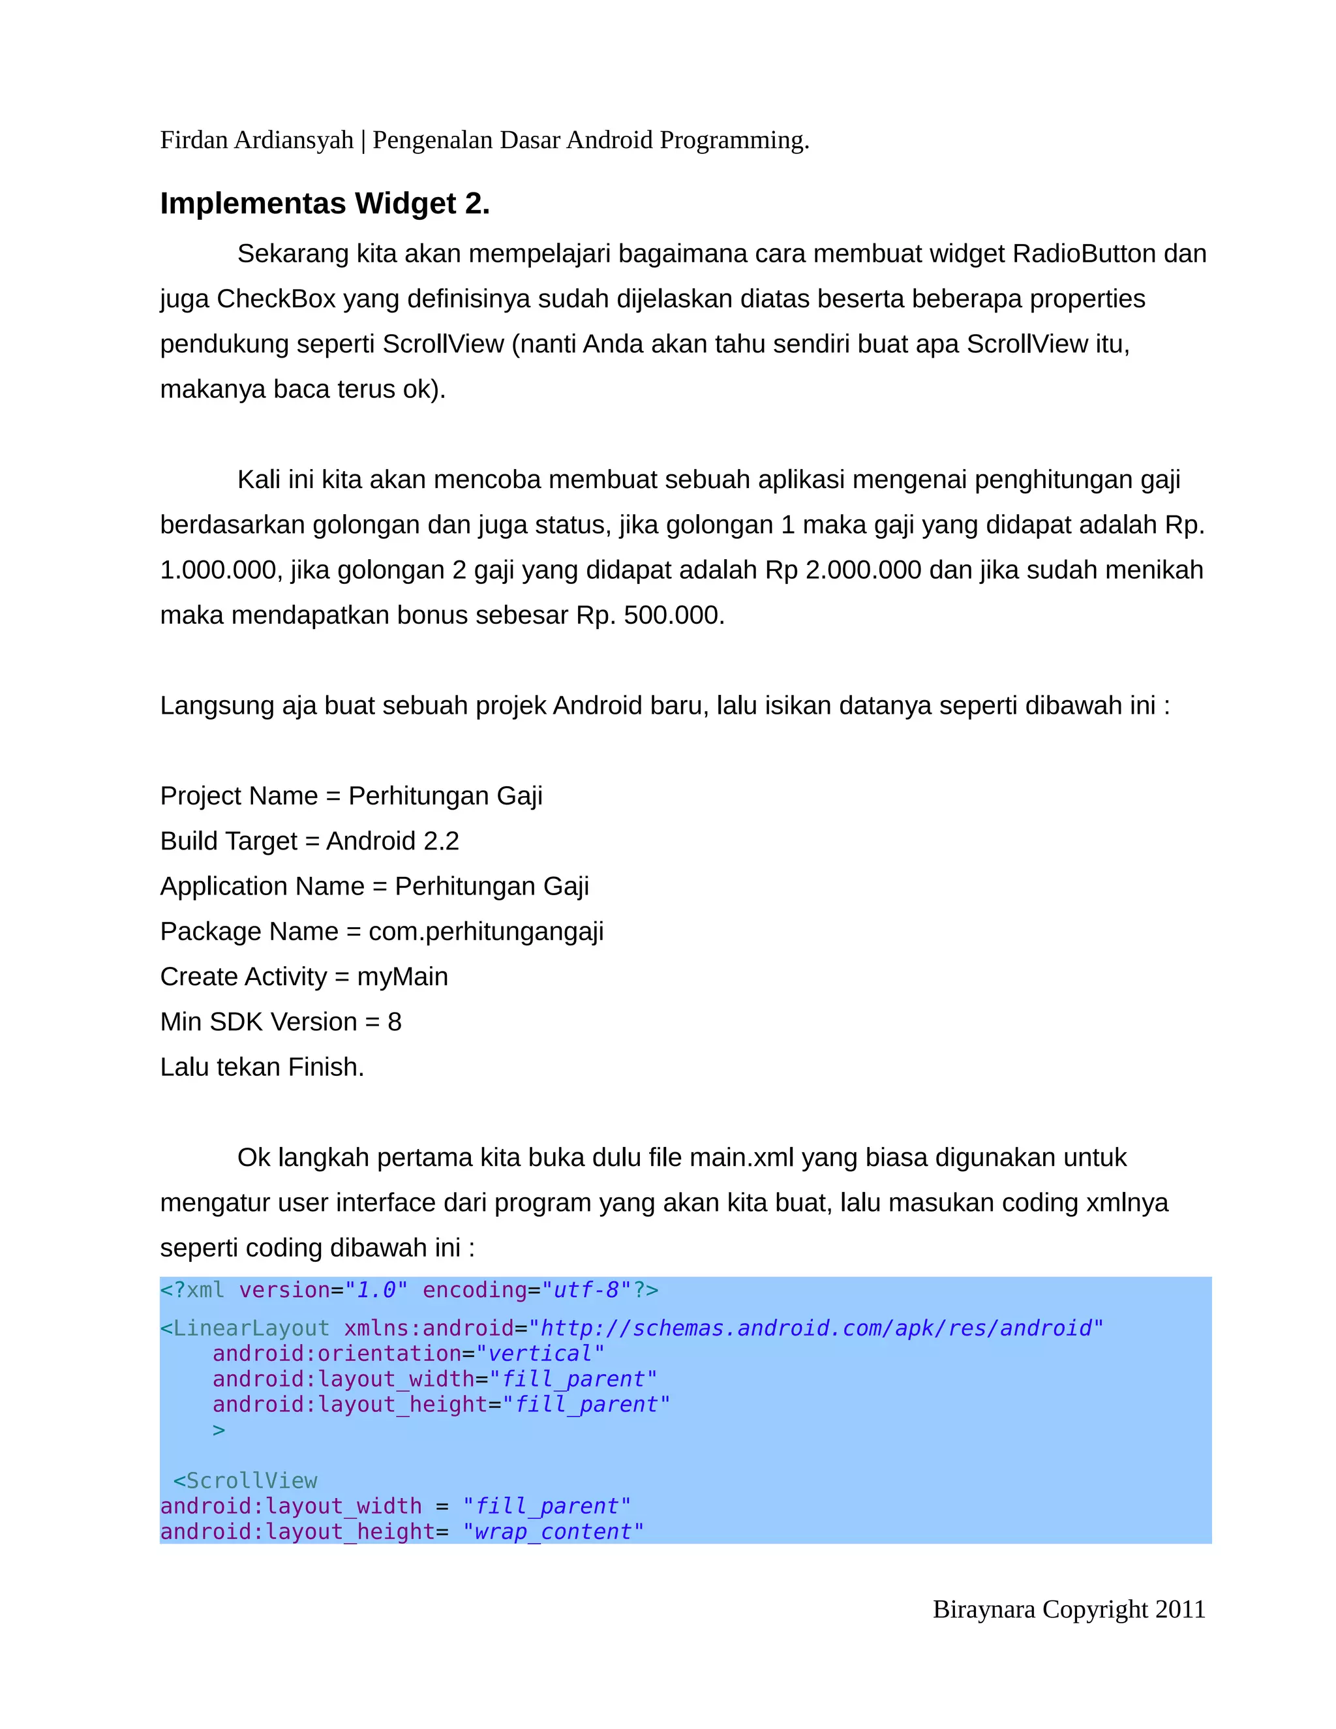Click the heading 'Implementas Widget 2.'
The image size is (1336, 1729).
coord(324,204)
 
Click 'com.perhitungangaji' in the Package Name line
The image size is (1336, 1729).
coord(486,932)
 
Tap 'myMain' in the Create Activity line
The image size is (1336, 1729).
coord(402,977)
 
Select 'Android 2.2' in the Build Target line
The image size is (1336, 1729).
coord(393,841)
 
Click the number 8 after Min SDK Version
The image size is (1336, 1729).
coord(394,1022)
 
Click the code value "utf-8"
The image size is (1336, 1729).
coord(586,1291)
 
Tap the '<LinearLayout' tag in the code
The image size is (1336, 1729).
coord(245,1328)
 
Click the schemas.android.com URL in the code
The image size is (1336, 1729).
coord(815,1328)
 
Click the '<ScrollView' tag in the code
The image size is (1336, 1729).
coord(245,1480)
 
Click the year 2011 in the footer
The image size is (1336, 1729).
coord(1180,1610)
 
